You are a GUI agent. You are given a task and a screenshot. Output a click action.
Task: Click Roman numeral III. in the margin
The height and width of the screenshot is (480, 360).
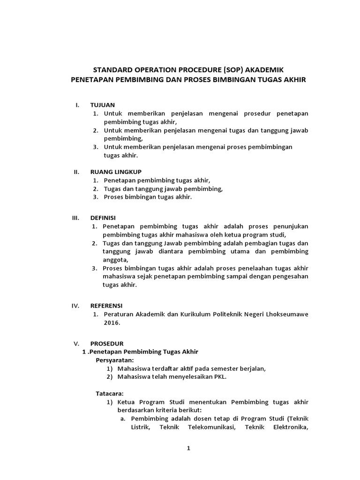tap(75, 218)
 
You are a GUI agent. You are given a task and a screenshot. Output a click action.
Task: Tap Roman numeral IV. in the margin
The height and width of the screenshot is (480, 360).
tap(75, 305)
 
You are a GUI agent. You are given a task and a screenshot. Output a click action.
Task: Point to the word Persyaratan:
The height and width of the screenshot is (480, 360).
tap(115, 360)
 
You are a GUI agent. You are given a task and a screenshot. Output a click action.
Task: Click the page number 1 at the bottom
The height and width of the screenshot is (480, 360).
tap(188, 448)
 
